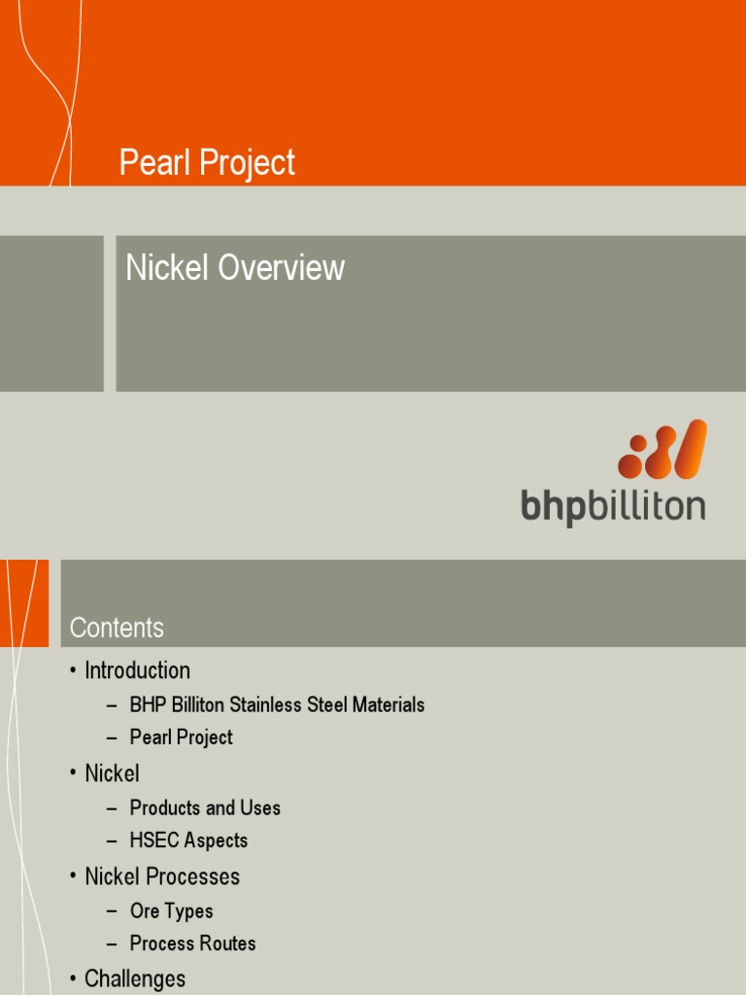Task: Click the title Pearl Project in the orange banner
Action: tap(207, 163)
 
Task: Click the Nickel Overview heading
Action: tap(235, 268)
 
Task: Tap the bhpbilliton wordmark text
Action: tap(613, 507)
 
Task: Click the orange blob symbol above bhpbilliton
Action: tap(662, 449)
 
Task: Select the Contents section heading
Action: tap(117, 628)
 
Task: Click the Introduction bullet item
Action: tap(137, 670)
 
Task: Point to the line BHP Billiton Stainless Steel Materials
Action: tap(277, 704)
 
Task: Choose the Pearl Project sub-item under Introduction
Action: tap(181, 738)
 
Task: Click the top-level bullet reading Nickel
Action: tap(112, 773)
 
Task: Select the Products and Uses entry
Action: tap(205, 807)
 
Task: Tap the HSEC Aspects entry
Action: tap(188, 841)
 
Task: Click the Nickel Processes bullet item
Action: tap(161, 876)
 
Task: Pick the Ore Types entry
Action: tap(171, 911)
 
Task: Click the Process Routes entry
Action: tap(192, 944)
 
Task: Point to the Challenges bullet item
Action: tap(134, 978)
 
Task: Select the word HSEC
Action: tap(153, 841)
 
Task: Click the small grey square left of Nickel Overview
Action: tap(51, 313)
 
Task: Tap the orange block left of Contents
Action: tap(24, 602)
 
